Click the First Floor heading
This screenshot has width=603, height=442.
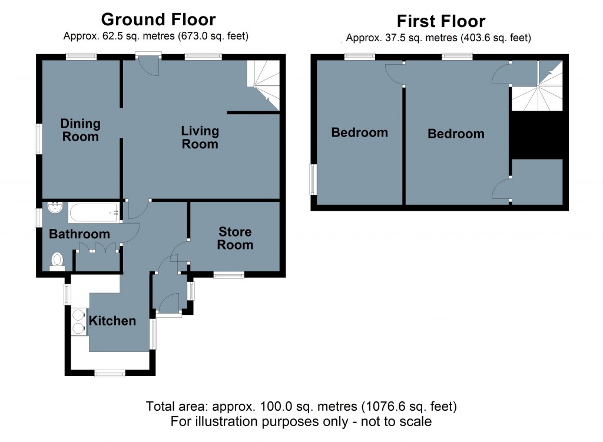[x=440, y=21]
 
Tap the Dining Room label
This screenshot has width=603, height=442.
[x=81, y=130]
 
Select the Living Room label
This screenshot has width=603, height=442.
[x=200, y=137]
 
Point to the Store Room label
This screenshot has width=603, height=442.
[x=235, y=238]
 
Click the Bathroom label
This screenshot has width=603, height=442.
[x=79, y=234]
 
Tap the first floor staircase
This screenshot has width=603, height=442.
[x=536, y=94]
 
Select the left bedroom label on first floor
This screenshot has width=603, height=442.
[x=359, y=132]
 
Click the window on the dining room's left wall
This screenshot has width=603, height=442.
[x=38, y=139]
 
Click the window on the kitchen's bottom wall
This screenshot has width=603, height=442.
[x=110, y=373]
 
